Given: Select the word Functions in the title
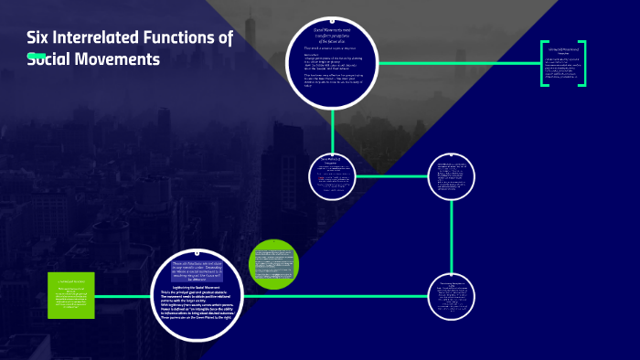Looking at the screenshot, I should coord(184,38).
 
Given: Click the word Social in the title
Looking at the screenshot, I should coord(49,59).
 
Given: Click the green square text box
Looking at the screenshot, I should coord(71,295).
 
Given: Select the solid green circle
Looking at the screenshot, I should coord(274,264).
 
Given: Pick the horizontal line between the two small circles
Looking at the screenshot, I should coord(391,176).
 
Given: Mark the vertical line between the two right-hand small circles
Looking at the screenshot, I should coord(452,238).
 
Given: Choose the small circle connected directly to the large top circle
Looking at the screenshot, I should coord(333,176).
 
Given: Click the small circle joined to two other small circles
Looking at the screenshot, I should coord(452,176).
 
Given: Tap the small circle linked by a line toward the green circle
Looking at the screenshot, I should coord(452,296).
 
